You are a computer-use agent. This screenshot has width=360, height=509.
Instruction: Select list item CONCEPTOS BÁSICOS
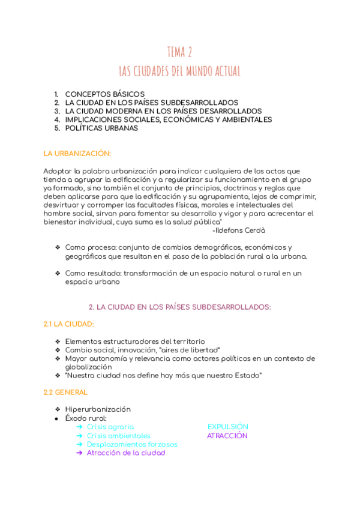tap(104, 94)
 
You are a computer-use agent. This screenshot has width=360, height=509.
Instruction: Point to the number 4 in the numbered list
tap(56, 119)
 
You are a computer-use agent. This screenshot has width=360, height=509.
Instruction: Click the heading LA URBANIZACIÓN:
tap(77, 154)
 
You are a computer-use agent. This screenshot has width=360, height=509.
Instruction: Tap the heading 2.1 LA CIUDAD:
tap(68, 324)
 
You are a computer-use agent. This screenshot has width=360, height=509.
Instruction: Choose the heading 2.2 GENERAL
tap(65, 393)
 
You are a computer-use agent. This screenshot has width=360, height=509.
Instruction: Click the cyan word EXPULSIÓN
tap(227, 427)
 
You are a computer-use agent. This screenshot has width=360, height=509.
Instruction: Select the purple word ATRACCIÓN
tap(227, 436)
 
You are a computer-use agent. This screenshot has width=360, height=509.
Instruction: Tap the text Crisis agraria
tap(110, 427)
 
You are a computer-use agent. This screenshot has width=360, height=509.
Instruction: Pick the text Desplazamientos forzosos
tap(132, 444)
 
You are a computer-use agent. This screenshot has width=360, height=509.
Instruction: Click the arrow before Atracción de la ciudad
tap(80, 453)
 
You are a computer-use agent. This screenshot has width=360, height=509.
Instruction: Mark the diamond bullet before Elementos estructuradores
tap(57, 342)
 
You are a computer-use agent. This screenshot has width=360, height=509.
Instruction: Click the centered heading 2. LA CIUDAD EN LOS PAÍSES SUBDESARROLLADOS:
tap(179, 307)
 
